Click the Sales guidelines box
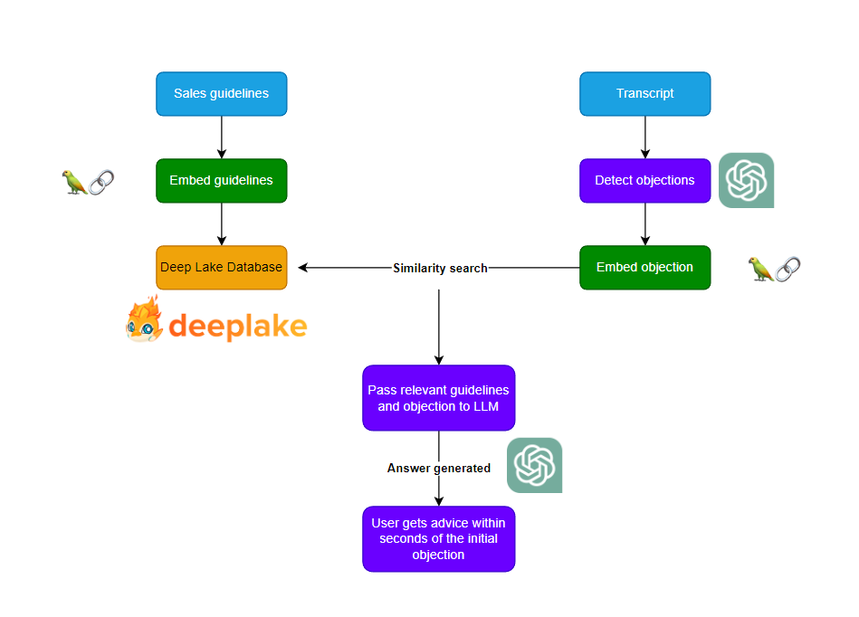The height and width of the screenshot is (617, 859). click(221, 94)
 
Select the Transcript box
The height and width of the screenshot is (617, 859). click(644, 94)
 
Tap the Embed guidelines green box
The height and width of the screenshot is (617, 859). click(221, 180)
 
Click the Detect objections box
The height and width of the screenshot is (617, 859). click(644, 180)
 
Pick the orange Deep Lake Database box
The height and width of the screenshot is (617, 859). click(221, 268)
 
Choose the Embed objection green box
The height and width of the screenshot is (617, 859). click(644, 268)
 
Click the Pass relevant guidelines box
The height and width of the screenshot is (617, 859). click(438, 398)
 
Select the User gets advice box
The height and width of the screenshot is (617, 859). click(438, 538)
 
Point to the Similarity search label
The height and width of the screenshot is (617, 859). click(440, 269)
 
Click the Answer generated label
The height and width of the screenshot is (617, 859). click(438, 469)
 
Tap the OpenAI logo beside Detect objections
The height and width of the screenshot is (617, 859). click(746, 180)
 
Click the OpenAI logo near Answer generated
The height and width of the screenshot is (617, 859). click(534, 465)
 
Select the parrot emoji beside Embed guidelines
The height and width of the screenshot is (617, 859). click(74, 182)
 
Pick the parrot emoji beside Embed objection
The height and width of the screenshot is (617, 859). click(760, 269)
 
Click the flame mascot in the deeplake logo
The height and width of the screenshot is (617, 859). click(144, 320)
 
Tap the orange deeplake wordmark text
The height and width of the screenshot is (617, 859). click(237, 326)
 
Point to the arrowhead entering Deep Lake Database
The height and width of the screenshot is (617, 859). click(303, 268)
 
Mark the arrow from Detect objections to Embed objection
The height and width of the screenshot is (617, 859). click(644, 224)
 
